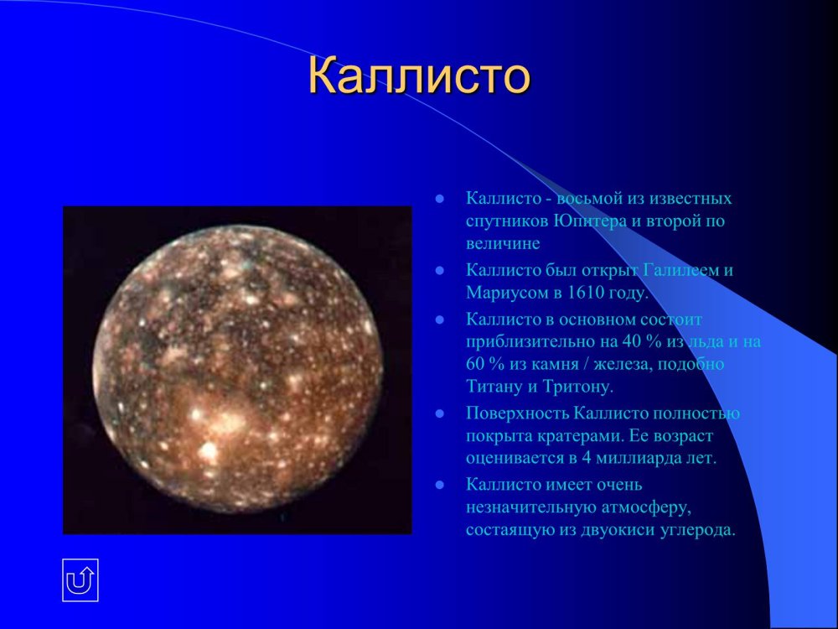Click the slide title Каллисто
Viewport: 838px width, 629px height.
click(x=419, y=76)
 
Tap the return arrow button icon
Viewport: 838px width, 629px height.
click(x=80, y=580)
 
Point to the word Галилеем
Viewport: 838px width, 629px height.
click(x=679, y=271)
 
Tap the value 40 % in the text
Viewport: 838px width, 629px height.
click(x=640, y=342)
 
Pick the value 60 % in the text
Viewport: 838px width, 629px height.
click(x=486, y=365)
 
